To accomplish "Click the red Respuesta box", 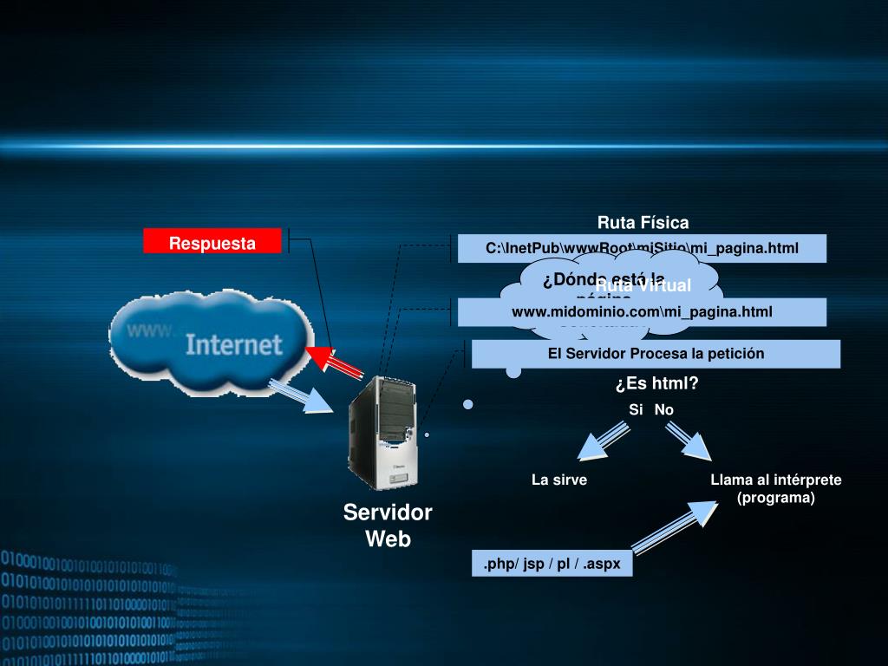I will tap(212, 242).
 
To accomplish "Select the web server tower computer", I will tap(382, 434).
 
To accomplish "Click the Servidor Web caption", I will tap(388, 526).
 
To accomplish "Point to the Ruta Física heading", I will tap(643, 223).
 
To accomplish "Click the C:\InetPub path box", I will tap(642, 249).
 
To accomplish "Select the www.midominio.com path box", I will tap(642, 311).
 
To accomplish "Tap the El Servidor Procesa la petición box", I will tap(656, 354).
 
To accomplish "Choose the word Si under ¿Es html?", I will tap(636, 409).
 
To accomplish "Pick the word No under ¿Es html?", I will tap(664, 409).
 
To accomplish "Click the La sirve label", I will tap(559, 480).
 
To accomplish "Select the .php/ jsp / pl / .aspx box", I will tap(552, 564).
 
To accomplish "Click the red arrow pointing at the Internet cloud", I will tap(336, 362).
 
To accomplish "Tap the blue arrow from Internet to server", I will tap(302, 395).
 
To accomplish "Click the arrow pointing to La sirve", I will tap(603, 441).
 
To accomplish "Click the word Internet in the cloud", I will tap(234, 344).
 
